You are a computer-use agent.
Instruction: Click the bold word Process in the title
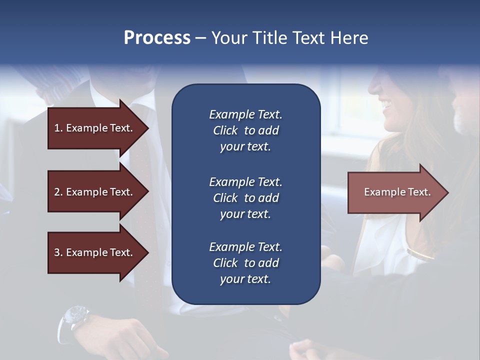pyautogui.click(x=157, y=38)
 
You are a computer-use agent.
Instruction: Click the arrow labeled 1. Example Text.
pyautogui.click(x=95, y=128)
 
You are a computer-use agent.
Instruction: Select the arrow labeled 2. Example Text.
pyautogui.click(x=95, y=192)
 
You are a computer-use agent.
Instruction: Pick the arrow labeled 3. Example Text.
pyautogui.click(x=95, y=252)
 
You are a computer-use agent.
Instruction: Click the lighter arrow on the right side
pyautogui.click(x=395, y=192)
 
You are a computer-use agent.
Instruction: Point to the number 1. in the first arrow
pyautogui.click(x=58, y=128)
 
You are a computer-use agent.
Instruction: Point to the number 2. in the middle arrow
pyautogui.click(x=58, y=192)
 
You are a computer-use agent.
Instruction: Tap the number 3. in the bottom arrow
pyautogui.click(x=58, y=252)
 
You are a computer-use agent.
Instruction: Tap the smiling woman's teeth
pyautogui.click(x=386, y=105)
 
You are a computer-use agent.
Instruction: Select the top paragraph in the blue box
pyautogui.click(x=245, y=130)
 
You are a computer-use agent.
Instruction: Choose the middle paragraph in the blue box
pyautogui.click(x=245, y=197)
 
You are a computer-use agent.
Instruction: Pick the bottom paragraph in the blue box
pyautogui.click(x=245, y=263)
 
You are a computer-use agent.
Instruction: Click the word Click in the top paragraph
pyautogui.click(x=225, y=130)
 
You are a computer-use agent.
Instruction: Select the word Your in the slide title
pyautogui.click(x=230, y=38)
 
